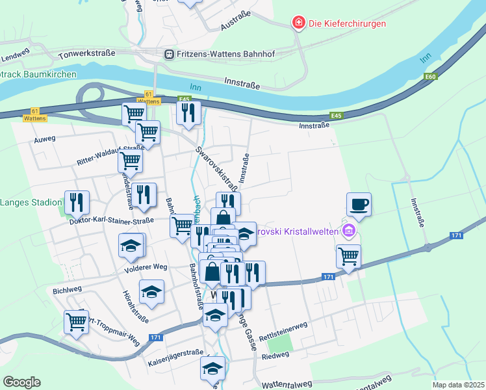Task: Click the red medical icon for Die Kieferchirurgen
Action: (x=298, y=23)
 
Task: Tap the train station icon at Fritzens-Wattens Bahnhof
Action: (x=170, y=54)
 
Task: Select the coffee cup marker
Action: (x=359, y=205)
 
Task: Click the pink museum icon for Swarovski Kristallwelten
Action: (x=349, y=231)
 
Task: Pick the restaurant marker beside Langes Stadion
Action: (x=77, y=202)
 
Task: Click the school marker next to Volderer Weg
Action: (x=131, y=246)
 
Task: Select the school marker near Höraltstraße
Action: (x=152, y=292)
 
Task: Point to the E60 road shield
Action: (x=430, y=77)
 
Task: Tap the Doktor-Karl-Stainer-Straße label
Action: (x=111, y=221)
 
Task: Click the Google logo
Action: (x=21, y=382)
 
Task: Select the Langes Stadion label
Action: (x=31, y=202)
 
